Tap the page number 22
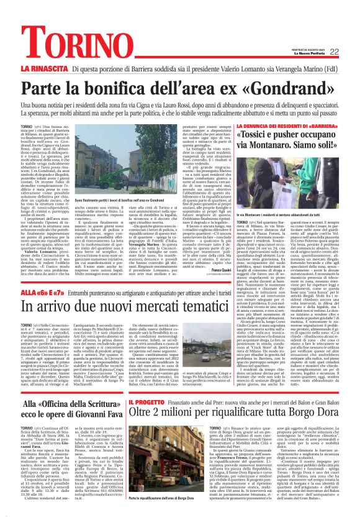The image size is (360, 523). (x=351, y=52)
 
